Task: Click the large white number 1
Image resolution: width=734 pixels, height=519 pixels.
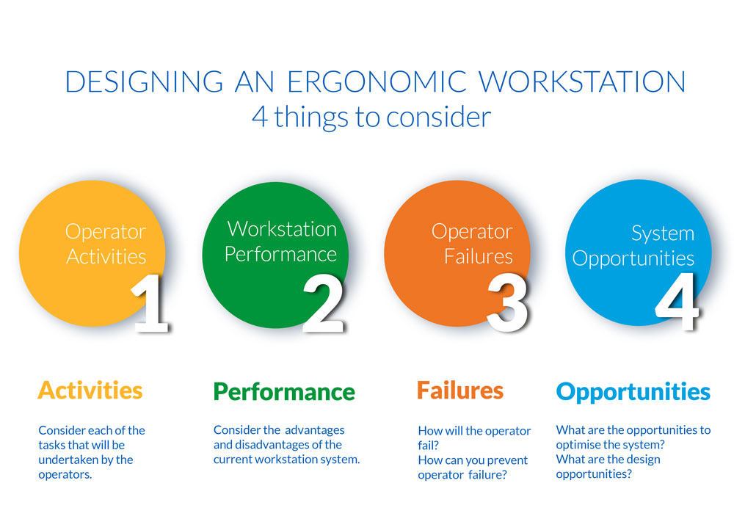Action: (x=150, y=302)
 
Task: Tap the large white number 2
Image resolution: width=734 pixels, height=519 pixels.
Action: (x=324, y=302)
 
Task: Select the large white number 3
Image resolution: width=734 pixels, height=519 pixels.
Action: (x=507, y=302)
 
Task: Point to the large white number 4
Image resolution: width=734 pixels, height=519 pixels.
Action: (x=676, y=302)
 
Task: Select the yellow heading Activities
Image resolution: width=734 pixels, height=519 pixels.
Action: (x=90, y=390)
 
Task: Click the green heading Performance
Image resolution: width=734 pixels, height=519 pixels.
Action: (x=284, y=391)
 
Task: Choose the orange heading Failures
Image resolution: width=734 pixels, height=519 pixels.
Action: (x=460, y=390)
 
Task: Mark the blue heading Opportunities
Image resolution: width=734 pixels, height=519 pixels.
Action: (x=633, y=391)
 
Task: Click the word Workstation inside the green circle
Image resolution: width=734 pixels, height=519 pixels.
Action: (x=282, y=228)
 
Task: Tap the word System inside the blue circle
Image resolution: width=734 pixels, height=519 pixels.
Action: (x=663, y=233)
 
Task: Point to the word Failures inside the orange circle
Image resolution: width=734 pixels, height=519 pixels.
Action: (x=478, y=256)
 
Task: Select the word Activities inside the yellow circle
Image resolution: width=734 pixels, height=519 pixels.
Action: (x=106, y=256)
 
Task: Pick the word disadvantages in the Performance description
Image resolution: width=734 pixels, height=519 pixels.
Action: (x=271, y=444)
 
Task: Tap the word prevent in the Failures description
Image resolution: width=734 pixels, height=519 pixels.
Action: (x=503, y=460)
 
